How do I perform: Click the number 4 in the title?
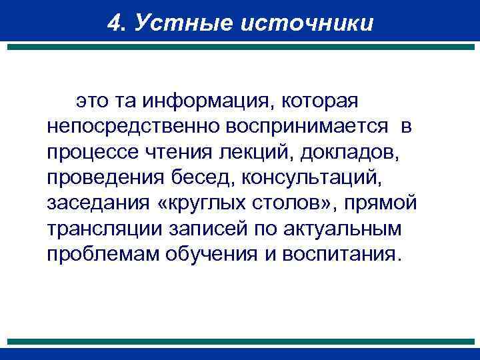113,23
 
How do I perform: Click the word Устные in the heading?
169,23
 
